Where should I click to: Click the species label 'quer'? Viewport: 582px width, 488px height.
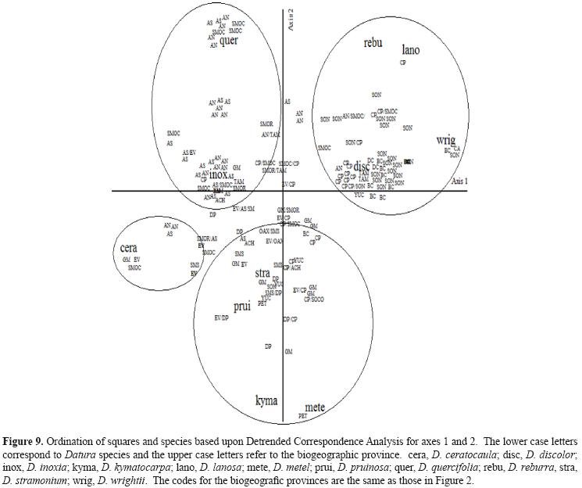tap(228, 41)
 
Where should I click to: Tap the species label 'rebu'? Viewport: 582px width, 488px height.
tap(373, 43)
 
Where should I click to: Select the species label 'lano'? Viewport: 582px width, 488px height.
tap(410, 49)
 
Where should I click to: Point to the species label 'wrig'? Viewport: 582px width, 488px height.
tap(446, 140)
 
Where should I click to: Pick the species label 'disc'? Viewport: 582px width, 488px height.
tap(361, 167)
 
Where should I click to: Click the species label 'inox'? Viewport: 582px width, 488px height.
tap(218, 176)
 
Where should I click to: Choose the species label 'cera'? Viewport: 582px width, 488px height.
tap(129, 248)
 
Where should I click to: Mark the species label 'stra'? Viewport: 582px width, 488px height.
tap(262, 273)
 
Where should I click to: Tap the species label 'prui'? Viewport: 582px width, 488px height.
tap(242, 307)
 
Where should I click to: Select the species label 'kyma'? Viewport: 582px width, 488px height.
tap(266, 400)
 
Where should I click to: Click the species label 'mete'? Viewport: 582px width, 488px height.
tap(315, 407)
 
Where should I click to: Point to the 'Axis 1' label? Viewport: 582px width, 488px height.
tap(461, 181)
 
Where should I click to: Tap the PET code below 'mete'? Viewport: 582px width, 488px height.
tap(302, 416)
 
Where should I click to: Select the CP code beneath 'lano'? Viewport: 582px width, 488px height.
tap(403, 63)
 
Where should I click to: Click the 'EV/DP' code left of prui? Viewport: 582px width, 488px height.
tap(221, 318)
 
